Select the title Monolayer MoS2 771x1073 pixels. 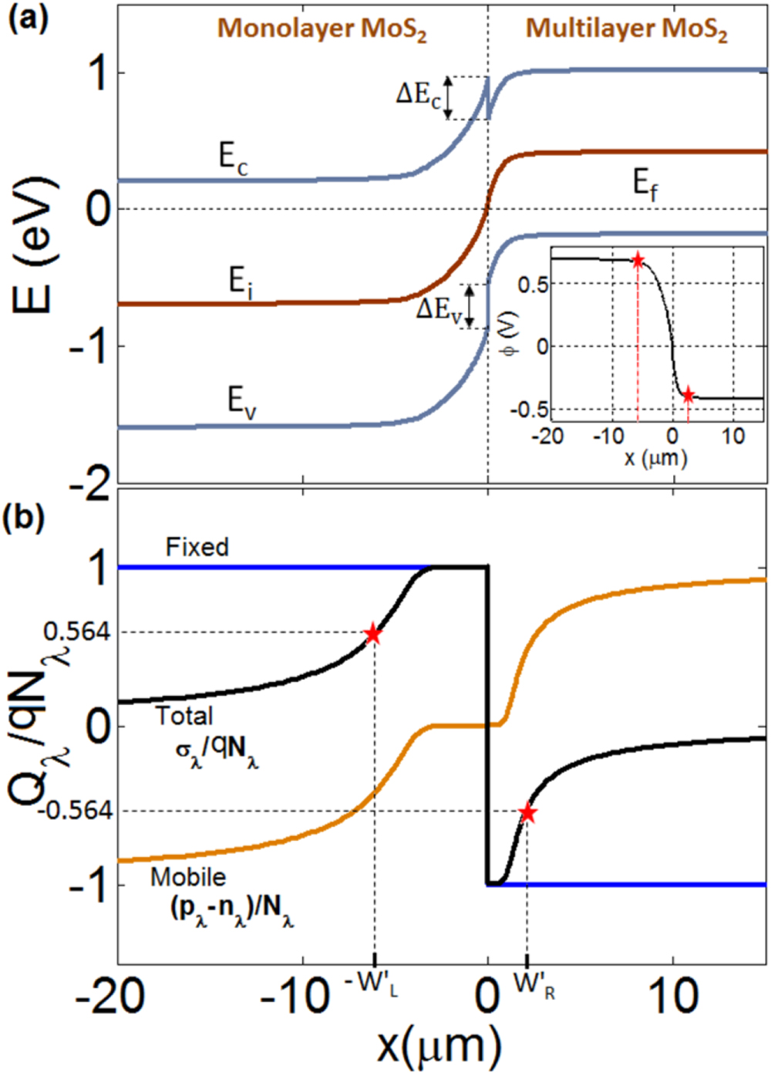tap(322, 29)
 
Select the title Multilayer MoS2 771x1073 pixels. tap(626, 29)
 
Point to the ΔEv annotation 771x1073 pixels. tap(439, 309)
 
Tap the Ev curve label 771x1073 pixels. tap(241, 401)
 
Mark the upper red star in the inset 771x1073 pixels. tap(638, 261)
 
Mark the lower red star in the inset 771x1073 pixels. tap(688, 396)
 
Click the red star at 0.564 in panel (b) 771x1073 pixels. tap(373, 634)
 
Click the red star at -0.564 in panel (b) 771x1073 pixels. tap(527, 813)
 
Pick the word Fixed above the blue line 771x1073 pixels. tap(197, 547)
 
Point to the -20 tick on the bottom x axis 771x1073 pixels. tap(109, 997)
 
